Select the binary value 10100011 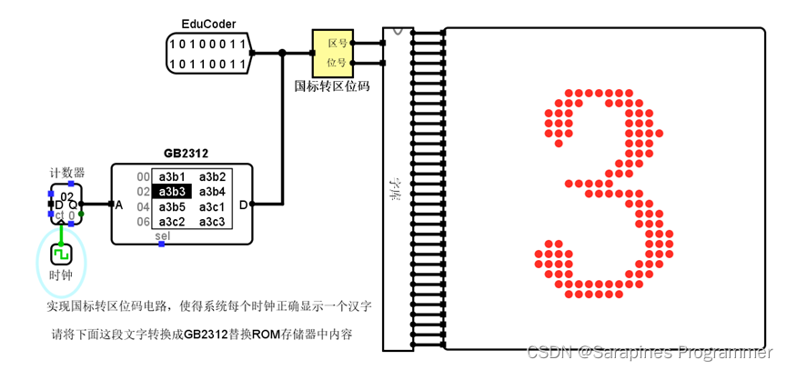point(208,45)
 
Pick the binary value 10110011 point(208,64)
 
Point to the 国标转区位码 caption point(331,87)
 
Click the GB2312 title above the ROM point(187,155)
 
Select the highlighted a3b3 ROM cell point(172,192)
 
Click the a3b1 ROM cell point(172,176)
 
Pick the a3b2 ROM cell point(212,176)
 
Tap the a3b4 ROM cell point(212,192)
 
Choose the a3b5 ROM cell point(172,207)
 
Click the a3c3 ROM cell point(212,222)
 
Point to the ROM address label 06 point(143,222)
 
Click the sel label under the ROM point(163,236)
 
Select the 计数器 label point(67,172)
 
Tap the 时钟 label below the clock point(61,275)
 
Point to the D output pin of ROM point(243,205)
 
